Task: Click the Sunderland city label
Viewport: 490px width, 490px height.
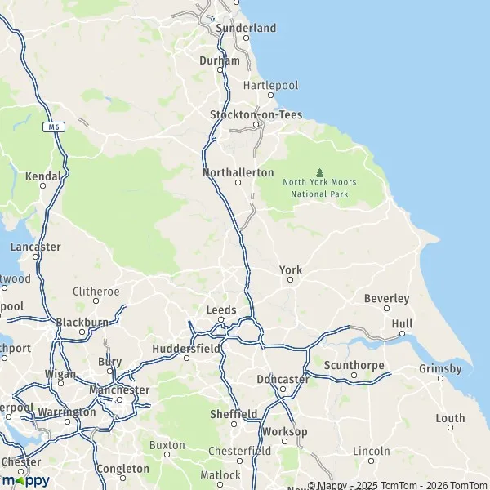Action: pyautogui.click(x=246, y=28)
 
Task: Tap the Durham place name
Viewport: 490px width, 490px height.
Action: pyautogui.click(x=220, y=60)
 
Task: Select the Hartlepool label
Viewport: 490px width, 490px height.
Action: pyautogui.click(x=271, y=85)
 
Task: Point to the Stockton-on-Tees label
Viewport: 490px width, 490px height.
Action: pyautogui.click(x=256, y=115)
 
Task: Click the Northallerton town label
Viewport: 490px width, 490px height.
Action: pyautogui.click(x=238, y=173)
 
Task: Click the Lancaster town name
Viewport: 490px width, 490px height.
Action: pyautogui.click(x=36, y=247)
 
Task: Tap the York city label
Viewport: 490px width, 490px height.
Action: pyautogui.click(x=291, y=270)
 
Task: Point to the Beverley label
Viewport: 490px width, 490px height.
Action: pyautogui.click(x=386, y=299)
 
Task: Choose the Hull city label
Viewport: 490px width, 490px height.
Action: pyautogui.click(x=402, y=324)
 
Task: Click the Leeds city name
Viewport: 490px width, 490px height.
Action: pyautogui.click(x=221, y=310)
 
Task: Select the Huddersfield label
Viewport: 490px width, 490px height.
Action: pyautogui.click(x=186, y=349)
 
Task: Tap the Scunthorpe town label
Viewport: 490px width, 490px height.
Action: pyautogui.click(x=354, y=365)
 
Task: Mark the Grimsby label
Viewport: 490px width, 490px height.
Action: pyautogui.click(x=440, y=369)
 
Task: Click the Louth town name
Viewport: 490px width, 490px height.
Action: pyautogui.click(x=450, y=418)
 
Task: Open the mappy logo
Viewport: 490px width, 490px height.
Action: pyautogui.click(x=25, y=480)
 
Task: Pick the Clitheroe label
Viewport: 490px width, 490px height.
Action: pyautogui.click(x=96, y=292)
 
